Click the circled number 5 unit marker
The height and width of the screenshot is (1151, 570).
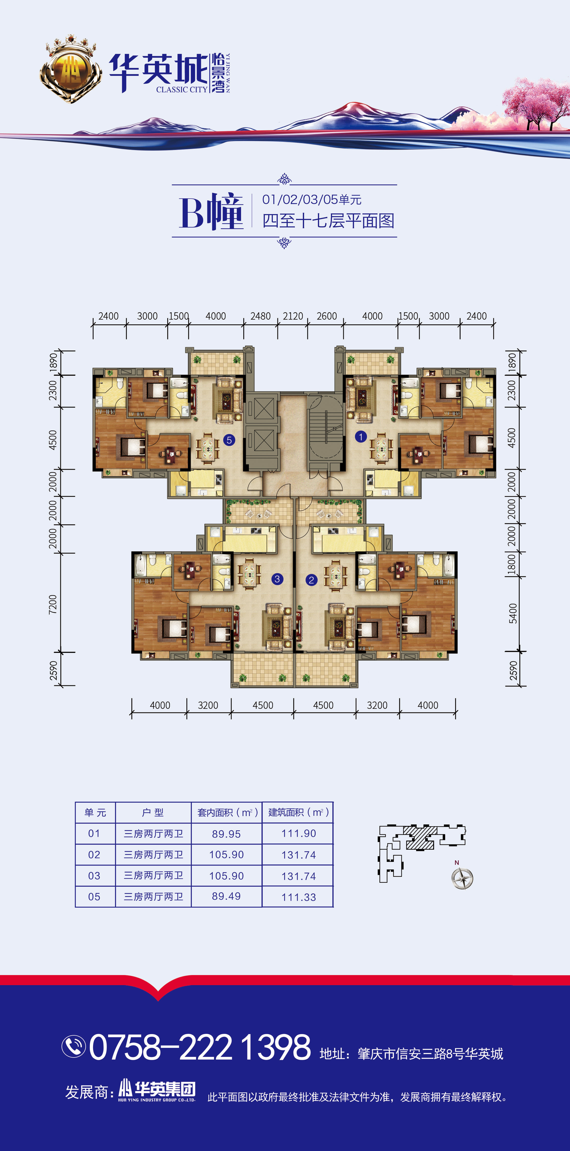[229, 440]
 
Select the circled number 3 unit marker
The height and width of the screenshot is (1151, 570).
[277, 579]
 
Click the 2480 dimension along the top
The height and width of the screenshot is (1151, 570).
[261, 316]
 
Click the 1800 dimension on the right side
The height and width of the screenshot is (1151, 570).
[512, 564]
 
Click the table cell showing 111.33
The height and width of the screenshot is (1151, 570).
[299, 897]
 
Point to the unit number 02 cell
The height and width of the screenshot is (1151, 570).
[94, 855]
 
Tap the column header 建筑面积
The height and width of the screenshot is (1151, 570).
[299, 812]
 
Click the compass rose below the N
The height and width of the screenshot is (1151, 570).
[462, 878]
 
